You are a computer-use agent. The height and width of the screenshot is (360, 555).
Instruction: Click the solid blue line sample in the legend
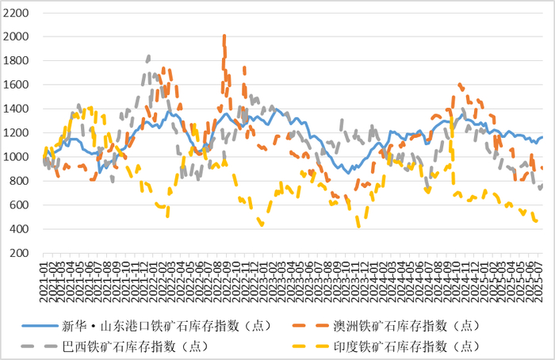(39, 325)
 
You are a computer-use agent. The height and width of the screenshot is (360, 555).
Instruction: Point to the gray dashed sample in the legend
(39, 346)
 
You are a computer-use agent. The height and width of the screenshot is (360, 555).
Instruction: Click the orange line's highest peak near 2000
(224, 36)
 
